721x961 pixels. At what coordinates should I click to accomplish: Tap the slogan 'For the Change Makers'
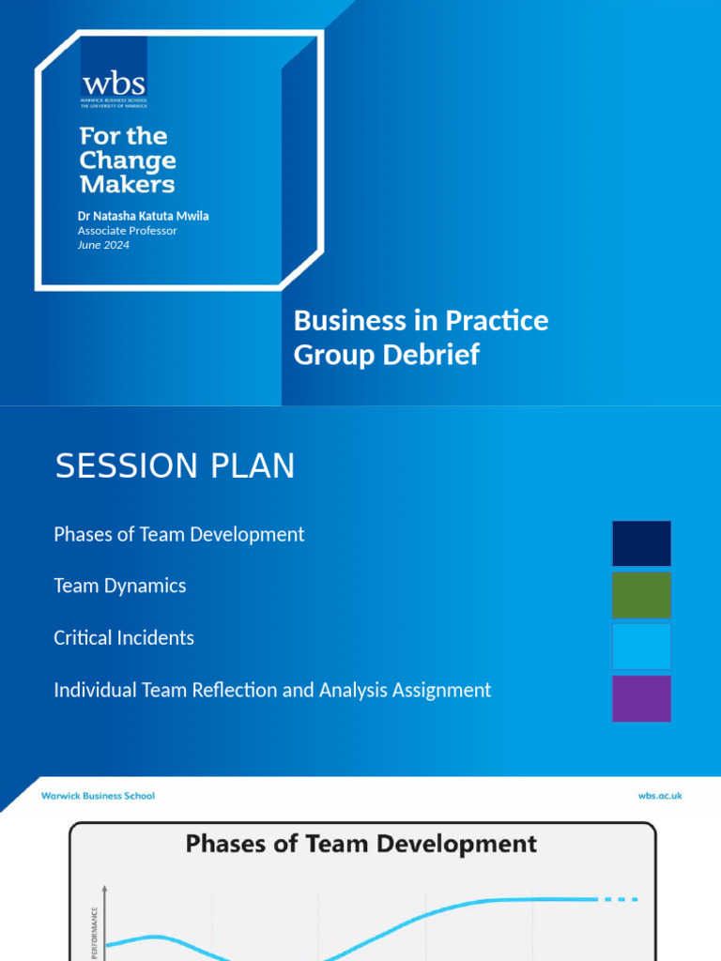pyautogui.click(x=128, y=160)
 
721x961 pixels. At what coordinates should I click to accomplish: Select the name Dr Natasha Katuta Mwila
pyautogui.click(x=143, y=216)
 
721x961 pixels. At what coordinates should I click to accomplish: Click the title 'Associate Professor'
pyautogui.click(x=127, y=231)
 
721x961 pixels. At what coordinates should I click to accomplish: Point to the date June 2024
pyautogui.click(x=103, y=245)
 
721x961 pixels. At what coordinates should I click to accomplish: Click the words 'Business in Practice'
pyautogui.click(x=421, y=321)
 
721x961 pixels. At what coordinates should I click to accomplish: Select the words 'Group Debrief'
pyautogui.click(x=386, y=355)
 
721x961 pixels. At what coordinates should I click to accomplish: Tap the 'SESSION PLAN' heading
pyautogui.click(x=175, y=466)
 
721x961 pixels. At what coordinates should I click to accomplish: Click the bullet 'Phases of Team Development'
pyautogui.click(x=179, y=534)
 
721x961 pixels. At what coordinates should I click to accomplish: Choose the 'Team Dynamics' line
pyautogui.click(x=120, y=586)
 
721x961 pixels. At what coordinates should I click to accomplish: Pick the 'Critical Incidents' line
pyautogui.click(x=124, y=638)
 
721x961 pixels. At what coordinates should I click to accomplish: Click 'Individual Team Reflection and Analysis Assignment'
pyautogui.click(x=272, y=691)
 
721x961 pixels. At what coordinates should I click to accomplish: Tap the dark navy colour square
pyautogui.click(x=641, y=543)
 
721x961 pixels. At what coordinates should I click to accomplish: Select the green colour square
pyautogui.click(x=641, y=595)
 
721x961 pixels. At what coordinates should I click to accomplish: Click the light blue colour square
pyautogui.click(x=641, y=647)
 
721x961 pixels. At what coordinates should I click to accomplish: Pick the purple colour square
pyautogui.click(x=641, y=698)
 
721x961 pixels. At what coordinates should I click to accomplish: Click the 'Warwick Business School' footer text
pyautogui.click(x=98, y=796)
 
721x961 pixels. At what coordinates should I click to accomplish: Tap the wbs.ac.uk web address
pyautogui.click(x=659, y=796)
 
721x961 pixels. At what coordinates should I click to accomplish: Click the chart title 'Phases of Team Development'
pyautogui.click(x=361, y=844)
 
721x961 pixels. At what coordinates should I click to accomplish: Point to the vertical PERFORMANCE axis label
pyautogui.click(x=95, y=932)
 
